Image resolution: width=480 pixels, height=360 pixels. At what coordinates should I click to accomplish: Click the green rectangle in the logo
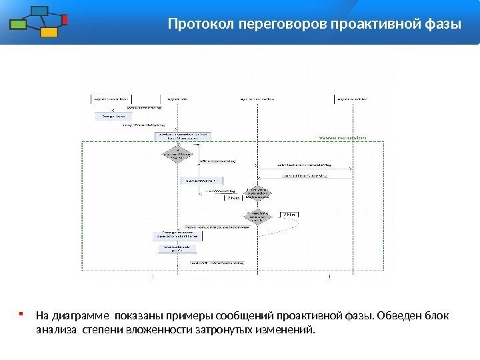(19, 25)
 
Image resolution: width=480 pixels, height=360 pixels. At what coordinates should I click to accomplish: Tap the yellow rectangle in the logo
(48, 32)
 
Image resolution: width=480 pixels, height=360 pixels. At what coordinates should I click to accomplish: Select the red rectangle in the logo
(64, 20)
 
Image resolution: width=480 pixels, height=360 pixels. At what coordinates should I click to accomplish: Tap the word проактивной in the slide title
(365, 25)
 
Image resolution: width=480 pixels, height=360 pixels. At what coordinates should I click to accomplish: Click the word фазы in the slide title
(443, 25)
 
